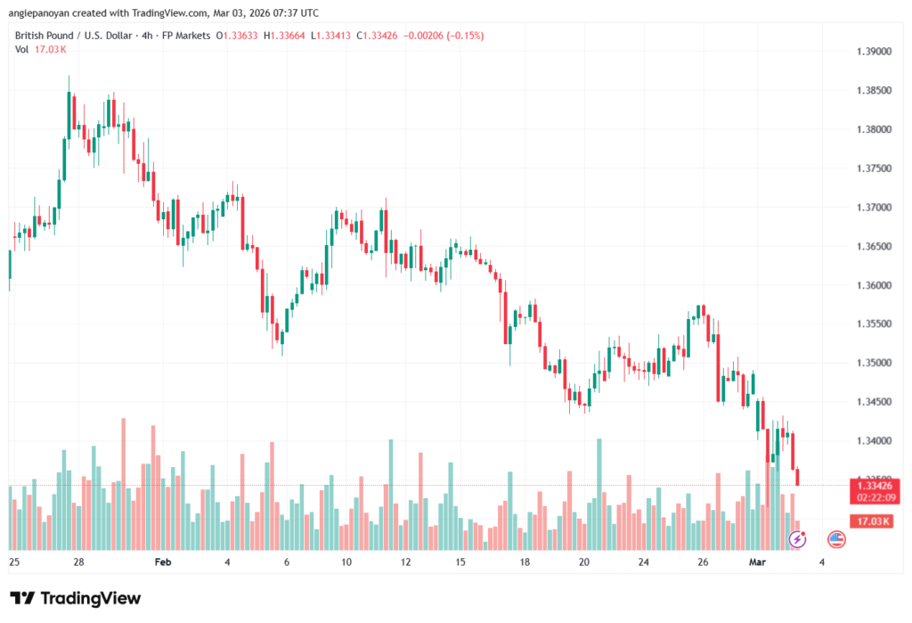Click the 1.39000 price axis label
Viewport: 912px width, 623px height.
pyautogui.click(x=872, y=52)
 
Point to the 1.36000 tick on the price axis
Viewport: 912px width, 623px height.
pyautogui.click(x=872, y=285)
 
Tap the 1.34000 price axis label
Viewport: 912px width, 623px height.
pyautogui.click(x=872, y=441)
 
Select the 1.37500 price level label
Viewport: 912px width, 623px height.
pyautogui.click(x=872, y=168)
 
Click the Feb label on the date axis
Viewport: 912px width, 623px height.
pyautogui.click(x=162, y=562)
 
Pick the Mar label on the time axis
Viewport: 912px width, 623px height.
pyautogui.click(x=756, y=562)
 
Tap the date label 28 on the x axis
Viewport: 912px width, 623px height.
pyautogui.click(x=78, y=562)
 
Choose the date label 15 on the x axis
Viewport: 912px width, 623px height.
pyautogui.click(x=460, y=562)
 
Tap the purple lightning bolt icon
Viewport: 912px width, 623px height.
pyautogui.click(x=798, y=538)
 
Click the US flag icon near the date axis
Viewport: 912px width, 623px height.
pyautogui.click(x=836, y=538)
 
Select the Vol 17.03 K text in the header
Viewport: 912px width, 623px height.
pyautogui.click(x=41, y=49)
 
